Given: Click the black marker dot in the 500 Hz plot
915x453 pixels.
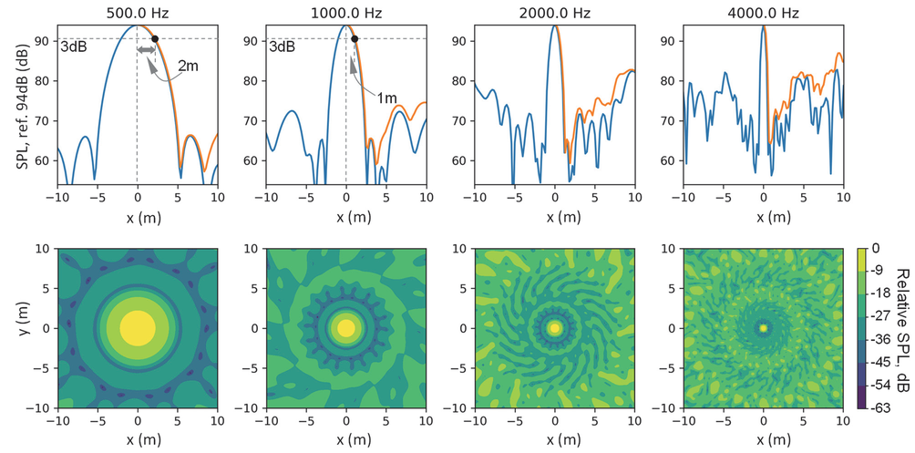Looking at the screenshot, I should [x=154, y=39].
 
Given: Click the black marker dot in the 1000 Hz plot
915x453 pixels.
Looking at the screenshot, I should [x=355, y=39].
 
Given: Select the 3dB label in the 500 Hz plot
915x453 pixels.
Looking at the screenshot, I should [x=73, y=47].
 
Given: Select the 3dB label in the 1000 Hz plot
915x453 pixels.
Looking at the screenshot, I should [x=283, y=47].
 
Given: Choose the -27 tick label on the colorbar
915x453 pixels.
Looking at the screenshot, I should [x=881, y=316].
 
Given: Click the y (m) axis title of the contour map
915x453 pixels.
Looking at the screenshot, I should [x=20, y=327].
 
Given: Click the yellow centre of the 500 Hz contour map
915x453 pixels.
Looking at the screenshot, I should [x=138, y=327].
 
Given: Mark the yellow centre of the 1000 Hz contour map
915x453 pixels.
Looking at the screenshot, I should [x=346, y=327].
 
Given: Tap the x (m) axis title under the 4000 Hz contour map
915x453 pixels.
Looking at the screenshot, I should [x=764, y=439].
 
